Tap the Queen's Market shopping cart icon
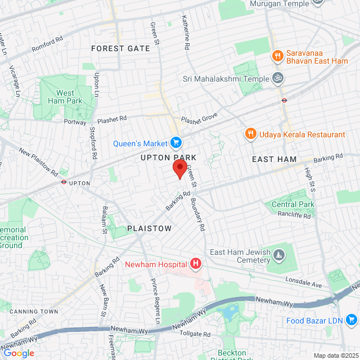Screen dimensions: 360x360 175,143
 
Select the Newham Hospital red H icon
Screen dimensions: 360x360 196,263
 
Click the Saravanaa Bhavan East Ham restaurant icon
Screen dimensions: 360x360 277,56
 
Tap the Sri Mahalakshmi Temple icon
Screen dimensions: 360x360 277,79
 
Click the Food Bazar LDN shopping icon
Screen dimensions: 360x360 352,319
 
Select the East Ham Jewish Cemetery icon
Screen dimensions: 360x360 278,256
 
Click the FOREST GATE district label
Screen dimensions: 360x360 120,48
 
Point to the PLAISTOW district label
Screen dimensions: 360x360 149,228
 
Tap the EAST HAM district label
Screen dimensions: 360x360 274,159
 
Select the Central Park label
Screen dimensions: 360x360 292,204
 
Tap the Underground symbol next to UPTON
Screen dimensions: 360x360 64,182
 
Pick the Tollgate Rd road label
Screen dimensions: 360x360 195,334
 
